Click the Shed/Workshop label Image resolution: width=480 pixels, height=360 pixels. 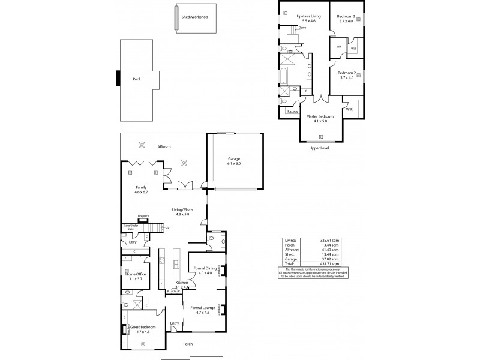click(194, 17)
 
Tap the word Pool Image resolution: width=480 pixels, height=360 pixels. click(136, 79)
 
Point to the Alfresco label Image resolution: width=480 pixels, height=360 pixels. click(164, 146)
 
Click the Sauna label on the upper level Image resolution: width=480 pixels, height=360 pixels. click(293, 112)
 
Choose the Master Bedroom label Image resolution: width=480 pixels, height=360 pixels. click(319, 116)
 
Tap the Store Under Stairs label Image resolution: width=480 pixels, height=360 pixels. click(130, 227)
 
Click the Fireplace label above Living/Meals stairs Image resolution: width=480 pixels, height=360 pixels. click(143, 215)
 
